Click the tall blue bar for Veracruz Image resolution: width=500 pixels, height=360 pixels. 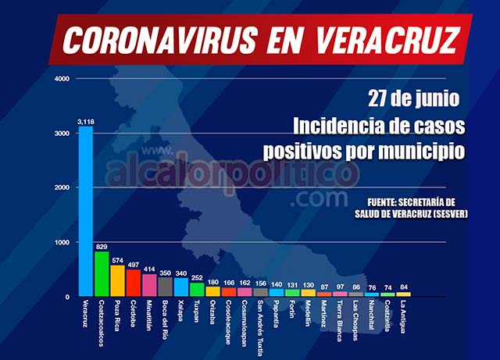coord(85,212)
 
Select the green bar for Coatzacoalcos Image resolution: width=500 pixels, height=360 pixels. coord(102,274)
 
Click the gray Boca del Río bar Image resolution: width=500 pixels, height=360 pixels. coord(165,287)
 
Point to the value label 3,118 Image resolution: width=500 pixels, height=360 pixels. coord(85,122)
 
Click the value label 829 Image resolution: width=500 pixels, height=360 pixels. coord(102,247)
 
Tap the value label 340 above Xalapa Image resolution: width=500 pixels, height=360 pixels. coord(181,273)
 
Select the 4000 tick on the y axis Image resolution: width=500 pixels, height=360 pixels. coord(62,79)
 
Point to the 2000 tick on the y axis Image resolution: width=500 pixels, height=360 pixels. coord(62,188)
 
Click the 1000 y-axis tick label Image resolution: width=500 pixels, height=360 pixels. coord(62,243)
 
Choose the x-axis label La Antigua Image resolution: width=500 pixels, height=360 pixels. coord(403,317)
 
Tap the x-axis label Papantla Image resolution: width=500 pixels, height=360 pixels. coord(276,315)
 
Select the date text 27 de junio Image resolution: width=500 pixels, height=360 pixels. coord(415,99)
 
